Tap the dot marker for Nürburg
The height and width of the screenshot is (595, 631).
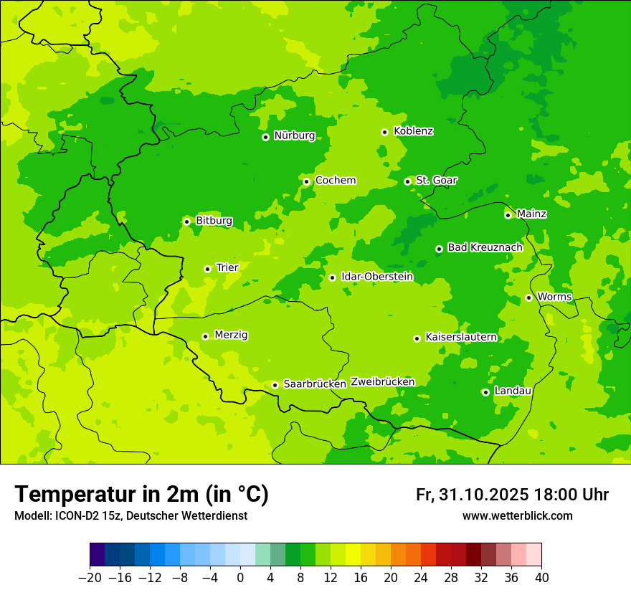[x=265, y=137]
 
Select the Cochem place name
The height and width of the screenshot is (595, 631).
[x=335, y=181]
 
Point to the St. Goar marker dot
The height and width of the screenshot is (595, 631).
[x=407, y=181]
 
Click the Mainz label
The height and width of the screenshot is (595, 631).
[x=531, y=214]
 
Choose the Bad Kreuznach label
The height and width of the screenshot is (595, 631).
[x=485, y=247]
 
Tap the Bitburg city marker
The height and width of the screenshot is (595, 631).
[x=186, y=222]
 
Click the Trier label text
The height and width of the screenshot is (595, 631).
[x=227, y=267]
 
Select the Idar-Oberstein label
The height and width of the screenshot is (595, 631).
[x=377, y=276]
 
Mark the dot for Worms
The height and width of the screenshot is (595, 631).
[x=528, y=297]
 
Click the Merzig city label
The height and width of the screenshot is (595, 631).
[x=231, y=335]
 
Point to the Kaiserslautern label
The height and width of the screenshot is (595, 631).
[x=460, y=337]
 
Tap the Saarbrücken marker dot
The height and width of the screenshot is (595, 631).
[x=275, y=385]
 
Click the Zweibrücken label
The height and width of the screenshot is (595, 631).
[x=382, y=382]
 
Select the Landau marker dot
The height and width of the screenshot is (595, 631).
[x=485, y=392]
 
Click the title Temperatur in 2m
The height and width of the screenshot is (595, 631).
[x=141, y=495]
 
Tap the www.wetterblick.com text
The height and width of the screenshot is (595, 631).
[x=517, y=516]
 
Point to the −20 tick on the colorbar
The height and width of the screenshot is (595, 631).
[x=90, y=578]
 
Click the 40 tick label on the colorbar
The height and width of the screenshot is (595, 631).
[x=541, y=578]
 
